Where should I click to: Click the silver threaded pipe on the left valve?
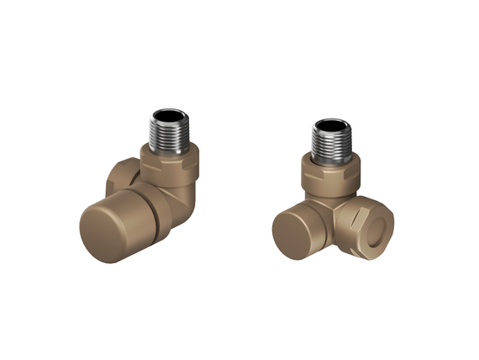(173, 135)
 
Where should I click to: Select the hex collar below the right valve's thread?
(331, 176)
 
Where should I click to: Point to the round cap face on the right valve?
(295, 230)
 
